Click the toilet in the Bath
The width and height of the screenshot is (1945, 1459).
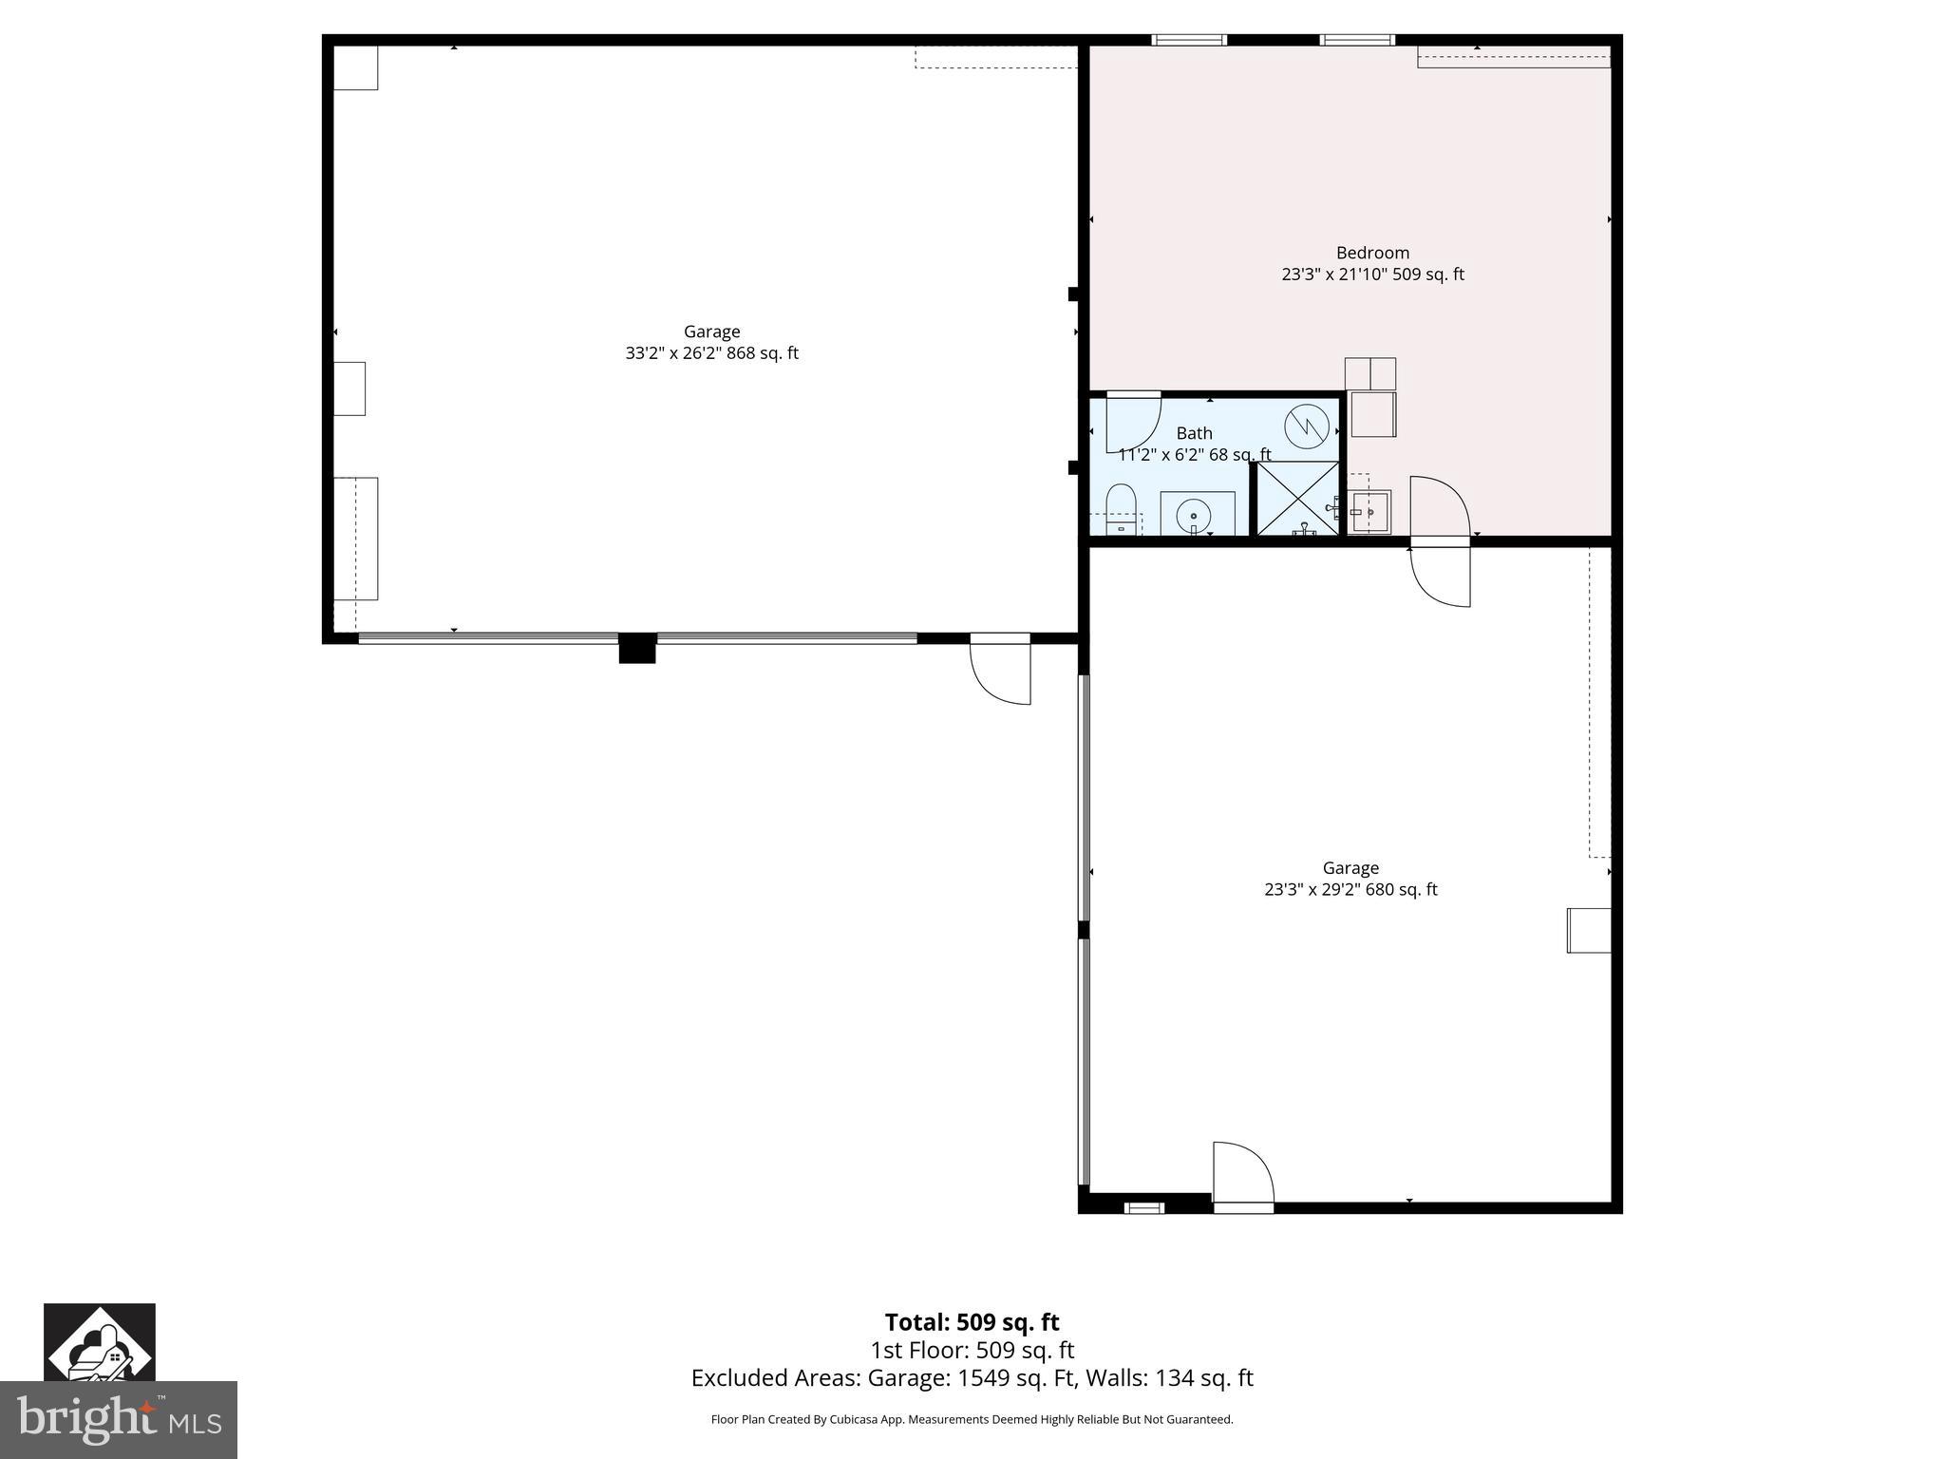point(1122,507)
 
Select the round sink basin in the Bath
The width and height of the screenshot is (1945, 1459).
point(1193,516)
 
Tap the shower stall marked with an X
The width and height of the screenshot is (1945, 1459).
point(1297,499)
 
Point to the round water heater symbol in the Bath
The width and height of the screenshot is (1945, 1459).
point(1307,426)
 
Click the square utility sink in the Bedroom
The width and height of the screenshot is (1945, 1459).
point(1369,512)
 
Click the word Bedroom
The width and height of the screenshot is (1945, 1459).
point(1372,253)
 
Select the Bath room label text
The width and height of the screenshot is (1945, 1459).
point(1194,433)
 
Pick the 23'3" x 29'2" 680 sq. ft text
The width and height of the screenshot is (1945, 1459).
point(1350,890)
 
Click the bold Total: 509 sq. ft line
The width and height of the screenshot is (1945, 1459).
point(972,1322)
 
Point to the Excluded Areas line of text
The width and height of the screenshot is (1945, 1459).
point(972,1378)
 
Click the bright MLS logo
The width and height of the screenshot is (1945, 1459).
point(119,1419)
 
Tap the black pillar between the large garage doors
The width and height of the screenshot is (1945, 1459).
point(637,648)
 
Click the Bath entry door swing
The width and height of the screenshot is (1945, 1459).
point(1132,421)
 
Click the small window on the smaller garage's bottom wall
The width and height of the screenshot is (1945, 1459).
point(1144,1208)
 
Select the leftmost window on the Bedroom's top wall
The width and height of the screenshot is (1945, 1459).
point(1189,40)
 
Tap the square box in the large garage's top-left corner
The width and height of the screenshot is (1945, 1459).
point(355,67)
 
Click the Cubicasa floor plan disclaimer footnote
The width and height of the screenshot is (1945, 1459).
point(972,1419)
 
